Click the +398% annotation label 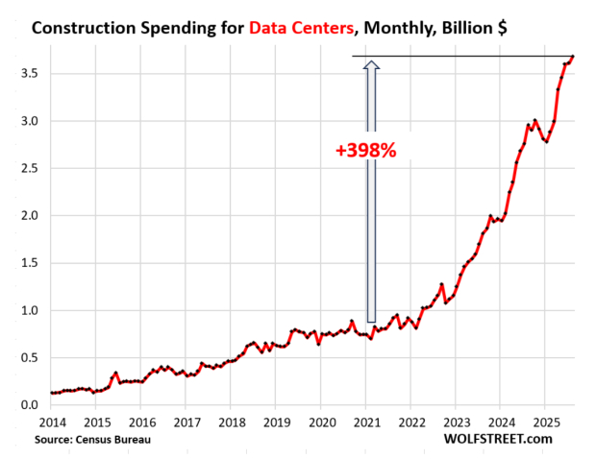pyautogui.click(x=365, y=150)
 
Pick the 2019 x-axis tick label pyautogui.click(x=276, y=422)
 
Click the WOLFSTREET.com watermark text pyautogui.click(x=499, y=439)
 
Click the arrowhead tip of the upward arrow pyautogui.click(x=372, y=61)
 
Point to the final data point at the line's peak pyautogui.click(x=573, y=57)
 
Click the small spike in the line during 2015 pyautogui.click(x=115, y=373)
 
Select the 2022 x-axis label pyautogui.click(x=410, y=422)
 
